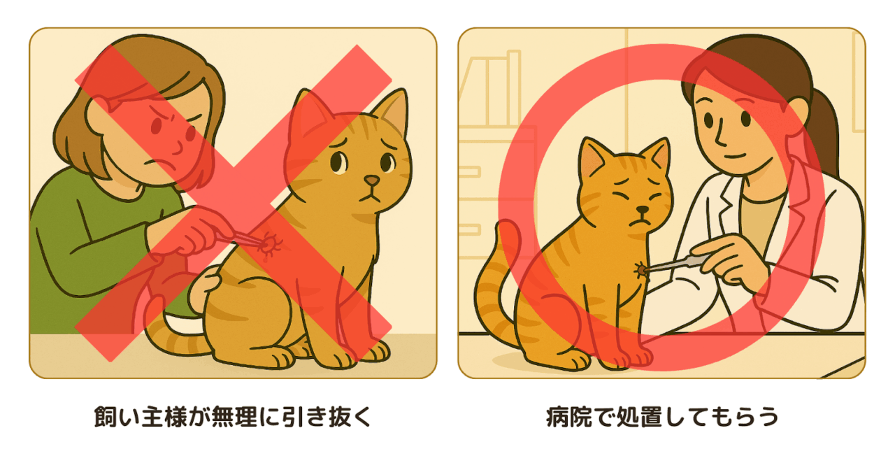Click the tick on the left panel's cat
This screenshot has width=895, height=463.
271,243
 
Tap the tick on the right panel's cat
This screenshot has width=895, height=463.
640,270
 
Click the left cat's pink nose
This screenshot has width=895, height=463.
372,180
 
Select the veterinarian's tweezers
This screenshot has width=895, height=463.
675,264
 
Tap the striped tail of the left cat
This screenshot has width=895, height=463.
172,332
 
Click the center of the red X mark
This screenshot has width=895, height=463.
233,203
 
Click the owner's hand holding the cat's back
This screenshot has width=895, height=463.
203,289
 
